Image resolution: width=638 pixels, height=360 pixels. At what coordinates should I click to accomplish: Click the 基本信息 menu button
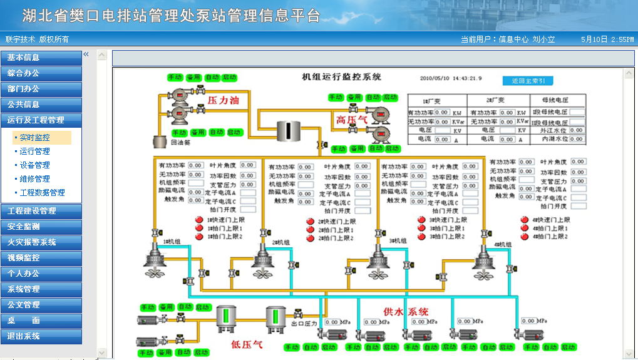[x=41, y=58]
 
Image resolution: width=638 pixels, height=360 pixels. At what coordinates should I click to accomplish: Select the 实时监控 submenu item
[x=35, y=138]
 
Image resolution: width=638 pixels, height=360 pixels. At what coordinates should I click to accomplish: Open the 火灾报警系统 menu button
[x=41, y=242]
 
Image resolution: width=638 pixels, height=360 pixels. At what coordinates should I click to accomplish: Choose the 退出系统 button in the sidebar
[x=41, y=336]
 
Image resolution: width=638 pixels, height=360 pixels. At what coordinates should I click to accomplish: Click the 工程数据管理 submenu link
[x=43, y=193]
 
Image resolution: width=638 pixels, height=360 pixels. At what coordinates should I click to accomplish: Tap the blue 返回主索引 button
[x=528, y=81]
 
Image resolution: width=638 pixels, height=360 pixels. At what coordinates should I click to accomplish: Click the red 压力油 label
[x=224, y=100]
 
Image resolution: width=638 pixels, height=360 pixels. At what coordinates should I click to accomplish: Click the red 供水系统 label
[x=406, y=311]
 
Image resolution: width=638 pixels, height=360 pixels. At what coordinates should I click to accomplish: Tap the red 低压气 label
[x=247, y=344]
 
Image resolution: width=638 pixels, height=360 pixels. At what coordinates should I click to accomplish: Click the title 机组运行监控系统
[x=341, y=77]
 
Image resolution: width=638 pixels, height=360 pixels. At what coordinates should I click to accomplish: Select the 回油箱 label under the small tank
[x=180, y=142]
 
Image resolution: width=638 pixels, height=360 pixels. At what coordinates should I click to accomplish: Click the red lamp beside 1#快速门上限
[x=200, y=220]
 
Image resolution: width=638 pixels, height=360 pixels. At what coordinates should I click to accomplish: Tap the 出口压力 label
[x=304, y=324]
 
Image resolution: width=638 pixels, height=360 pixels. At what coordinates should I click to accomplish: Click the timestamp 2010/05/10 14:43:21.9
[x=451, y=79]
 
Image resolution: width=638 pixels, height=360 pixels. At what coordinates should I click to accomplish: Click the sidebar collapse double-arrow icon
[x=86, y=54]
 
